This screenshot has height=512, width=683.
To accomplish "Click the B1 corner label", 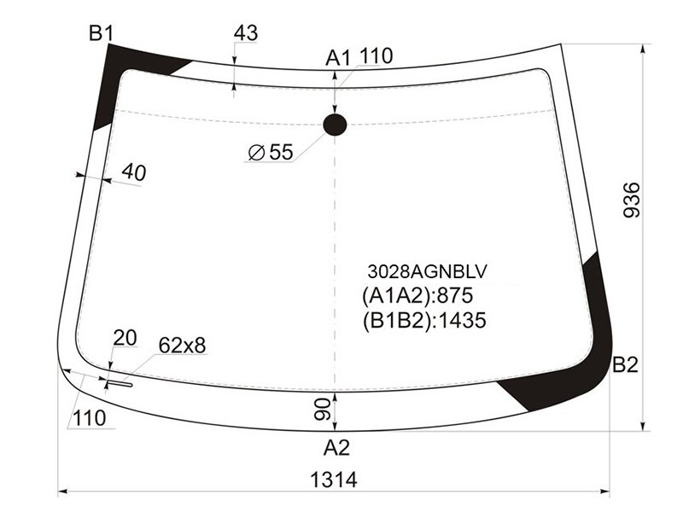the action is pos(101,33).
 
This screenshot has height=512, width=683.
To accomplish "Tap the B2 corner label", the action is pos(625,365).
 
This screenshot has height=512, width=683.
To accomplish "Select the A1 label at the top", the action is pos(338,58).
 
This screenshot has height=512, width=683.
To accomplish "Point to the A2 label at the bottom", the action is pos(336,447).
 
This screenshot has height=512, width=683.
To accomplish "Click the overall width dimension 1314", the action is pos(333,480).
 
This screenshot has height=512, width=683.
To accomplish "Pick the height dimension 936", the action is pos(632,200).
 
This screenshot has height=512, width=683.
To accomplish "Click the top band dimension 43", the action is pos(246,33).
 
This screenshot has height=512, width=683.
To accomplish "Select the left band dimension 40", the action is pos(134,173).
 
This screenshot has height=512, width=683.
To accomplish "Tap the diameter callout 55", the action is pos(271,153).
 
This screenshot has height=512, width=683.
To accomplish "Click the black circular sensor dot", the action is pos(335,125).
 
